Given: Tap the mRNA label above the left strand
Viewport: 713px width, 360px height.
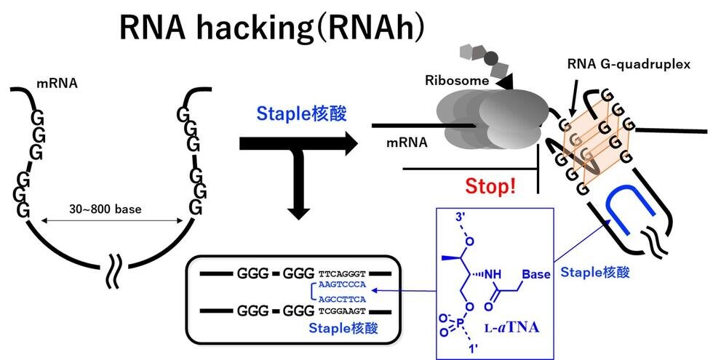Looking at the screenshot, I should tap(57, 84).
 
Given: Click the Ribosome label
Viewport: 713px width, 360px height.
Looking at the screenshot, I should tap(457, 81).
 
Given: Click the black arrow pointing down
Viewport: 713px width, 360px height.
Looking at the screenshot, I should tap(298, 193).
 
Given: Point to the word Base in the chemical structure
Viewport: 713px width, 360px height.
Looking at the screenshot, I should tap(535, 275).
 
